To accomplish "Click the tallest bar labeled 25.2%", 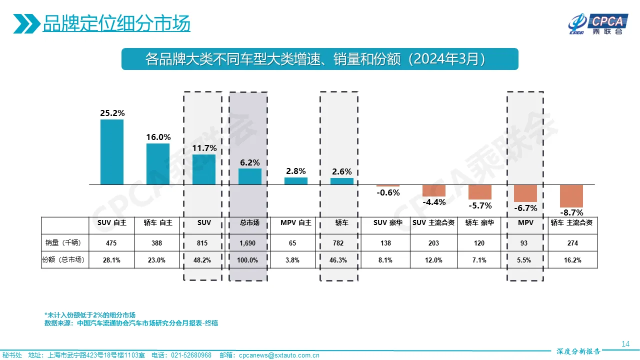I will coord(112,152).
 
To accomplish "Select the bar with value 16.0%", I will coord(158,164).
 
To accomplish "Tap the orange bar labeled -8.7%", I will coord(571,196).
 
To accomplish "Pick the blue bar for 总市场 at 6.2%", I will coord(250,176).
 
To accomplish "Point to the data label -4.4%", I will coord(434,202).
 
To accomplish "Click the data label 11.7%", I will coord(204,148).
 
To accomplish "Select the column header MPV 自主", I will coord(296,223).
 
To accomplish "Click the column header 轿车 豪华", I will coord(479,223).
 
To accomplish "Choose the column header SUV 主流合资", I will coord(433,223).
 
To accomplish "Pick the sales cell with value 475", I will coord(111,243).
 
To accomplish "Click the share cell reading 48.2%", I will coord(203,260).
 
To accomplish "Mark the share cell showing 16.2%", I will coord(572,260).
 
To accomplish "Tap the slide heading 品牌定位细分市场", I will coord(116,24).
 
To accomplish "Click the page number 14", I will coord(625,343).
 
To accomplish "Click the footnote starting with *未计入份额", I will coord(90,315).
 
